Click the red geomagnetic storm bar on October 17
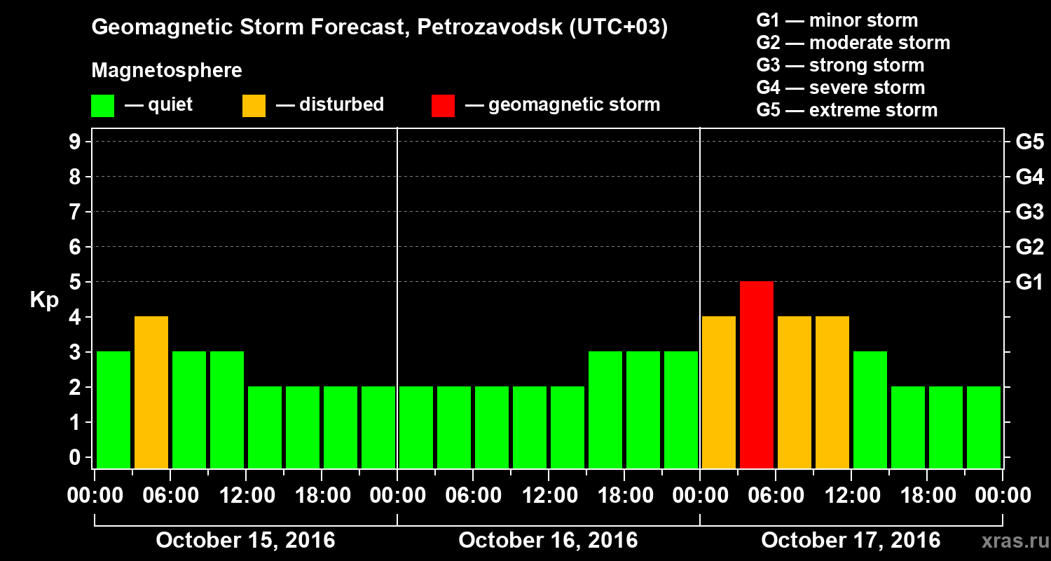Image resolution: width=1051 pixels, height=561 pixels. point(757,374)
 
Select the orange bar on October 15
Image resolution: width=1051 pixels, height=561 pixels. point(151,392)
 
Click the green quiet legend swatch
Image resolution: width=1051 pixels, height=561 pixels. point(102,105)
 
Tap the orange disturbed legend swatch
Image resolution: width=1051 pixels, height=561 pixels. point(254,105)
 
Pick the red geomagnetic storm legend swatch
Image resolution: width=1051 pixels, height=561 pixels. point(443,105)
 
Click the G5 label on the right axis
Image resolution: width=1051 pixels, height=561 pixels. point(1029,142)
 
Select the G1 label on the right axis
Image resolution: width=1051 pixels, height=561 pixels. point(1029,282)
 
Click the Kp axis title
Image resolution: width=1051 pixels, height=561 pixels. point(44,299)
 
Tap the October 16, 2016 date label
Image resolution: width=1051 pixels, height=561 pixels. point(548,541)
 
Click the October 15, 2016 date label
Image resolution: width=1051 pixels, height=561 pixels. point(245,541)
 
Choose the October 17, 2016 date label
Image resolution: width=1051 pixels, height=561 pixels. point(851,541)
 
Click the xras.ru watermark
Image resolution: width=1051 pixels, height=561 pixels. point(1009,541)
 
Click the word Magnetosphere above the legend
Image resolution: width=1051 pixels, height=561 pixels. point(167,71)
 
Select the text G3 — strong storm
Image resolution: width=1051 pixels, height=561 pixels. point(840,65)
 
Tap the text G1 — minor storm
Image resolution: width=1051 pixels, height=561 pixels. point(837,20)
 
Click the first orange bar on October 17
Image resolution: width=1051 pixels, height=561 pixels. point(719,392)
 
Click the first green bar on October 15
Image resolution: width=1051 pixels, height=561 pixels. point(114,410)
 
